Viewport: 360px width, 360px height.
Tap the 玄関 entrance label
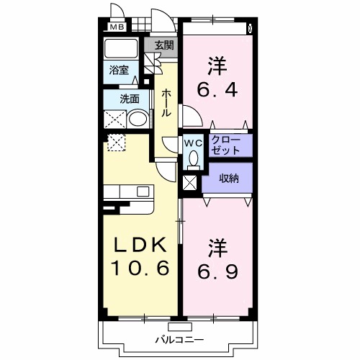[164, 45]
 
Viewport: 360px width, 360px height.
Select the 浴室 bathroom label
[119, 70]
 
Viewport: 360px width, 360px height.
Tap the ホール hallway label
[166, 103]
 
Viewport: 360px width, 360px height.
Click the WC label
[193, 143]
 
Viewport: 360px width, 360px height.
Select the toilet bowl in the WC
[192, 158]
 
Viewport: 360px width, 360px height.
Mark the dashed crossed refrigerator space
[116, 143]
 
